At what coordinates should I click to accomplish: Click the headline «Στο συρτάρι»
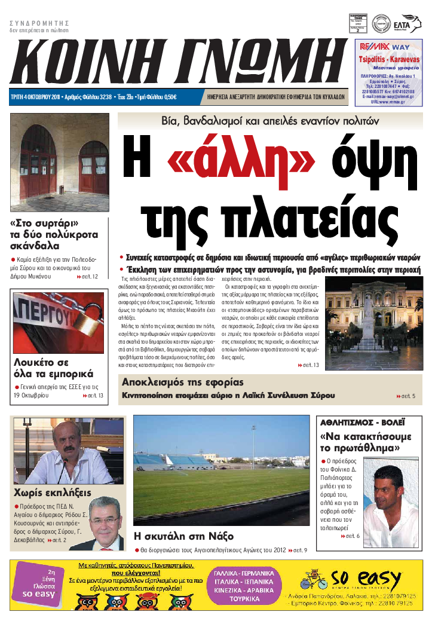(45, 224)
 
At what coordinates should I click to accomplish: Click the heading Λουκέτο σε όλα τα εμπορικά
(53, 368)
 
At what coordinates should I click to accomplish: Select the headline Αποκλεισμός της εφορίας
(183, 382)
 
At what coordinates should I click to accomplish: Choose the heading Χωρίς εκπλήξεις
(52, 493)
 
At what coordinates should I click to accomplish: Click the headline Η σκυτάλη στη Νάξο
(183, 536)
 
